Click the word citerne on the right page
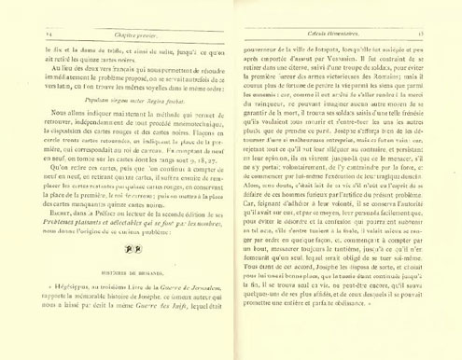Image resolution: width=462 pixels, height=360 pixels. [315, 88]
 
